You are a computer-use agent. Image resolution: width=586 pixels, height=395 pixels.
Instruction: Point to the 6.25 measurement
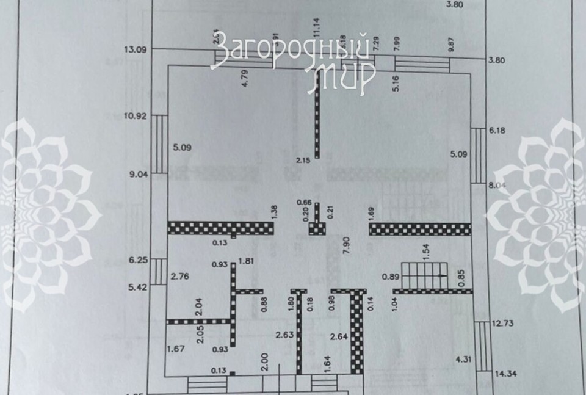[x=139, y=259]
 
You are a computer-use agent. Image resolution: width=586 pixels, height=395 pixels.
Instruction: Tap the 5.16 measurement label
[x=396, y=83]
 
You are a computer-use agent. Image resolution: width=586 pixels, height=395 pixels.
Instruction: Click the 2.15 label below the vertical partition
[x=304, y=161]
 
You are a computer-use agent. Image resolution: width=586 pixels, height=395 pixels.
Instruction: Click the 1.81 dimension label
[x=247, y=262]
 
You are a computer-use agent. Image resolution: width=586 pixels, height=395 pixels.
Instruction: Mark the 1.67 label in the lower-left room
[x=176, y=349]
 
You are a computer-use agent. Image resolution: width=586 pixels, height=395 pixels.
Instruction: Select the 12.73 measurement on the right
[x=502, y=324]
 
